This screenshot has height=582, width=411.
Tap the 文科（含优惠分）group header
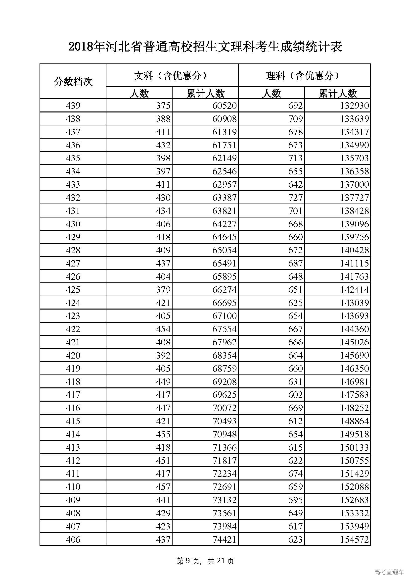pos(172,76)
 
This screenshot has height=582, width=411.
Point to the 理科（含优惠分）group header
pos(304,76)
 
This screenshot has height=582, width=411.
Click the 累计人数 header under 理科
pos(338,93)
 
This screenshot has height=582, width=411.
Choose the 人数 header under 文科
pos(139,93)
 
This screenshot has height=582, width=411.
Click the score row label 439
pos(73,106)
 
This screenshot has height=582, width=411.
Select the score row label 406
pos(73,539)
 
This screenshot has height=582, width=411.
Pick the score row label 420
pos(73,355)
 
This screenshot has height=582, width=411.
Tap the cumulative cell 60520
pos(224,106)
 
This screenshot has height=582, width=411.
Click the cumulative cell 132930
pos(354,106)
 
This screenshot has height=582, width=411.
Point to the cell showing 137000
pos(354,184)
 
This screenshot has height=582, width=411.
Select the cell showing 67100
pos(224,316)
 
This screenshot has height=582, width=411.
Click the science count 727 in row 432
pos(295,198)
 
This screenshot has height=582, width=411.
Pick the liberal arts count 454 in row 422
pos(163,329)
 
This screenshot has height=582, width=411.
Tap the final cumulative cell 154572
pos(354,539)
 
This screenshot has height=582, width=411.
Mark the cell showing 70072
pos(224,408)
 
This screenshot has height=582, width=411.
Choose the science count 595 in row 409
pos(295,500)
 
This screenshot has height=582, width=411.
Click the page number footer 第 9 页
pos(188,561)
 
